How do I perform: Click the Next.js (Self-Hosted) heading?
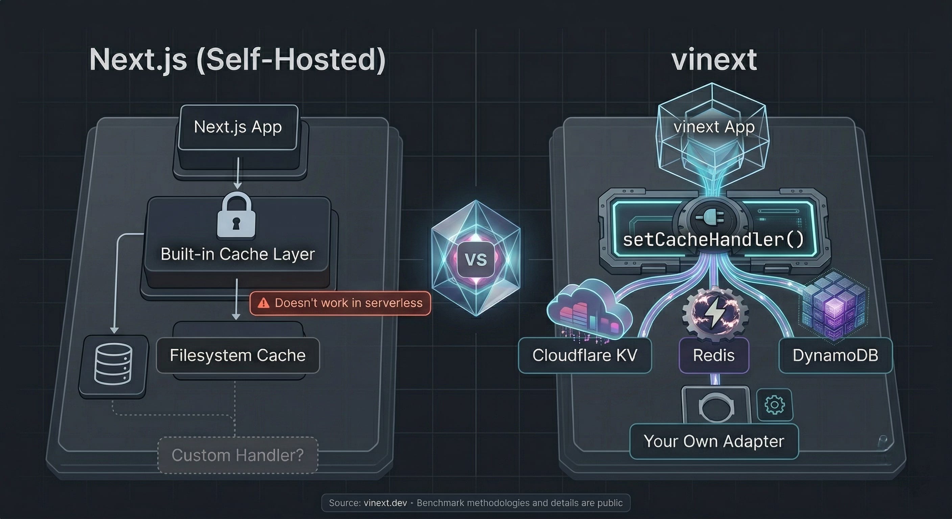pyautogui.click(x=237, y=60)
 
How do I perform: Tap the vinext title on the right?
pyautogui.click(x=714, y=60)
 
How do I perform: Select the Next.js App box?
pyautogui.click(x=238, y=127)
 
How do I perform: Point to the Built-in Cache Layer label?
pyautogui.click(x=238, y=254)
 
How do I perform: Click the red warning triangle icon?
pyautogui.click(x=263, y=303)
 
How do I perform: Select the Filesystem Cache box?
pyautogui.click(x=238, y=355)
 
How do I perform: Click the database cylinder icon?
pyautogui.click(x=113, y=365)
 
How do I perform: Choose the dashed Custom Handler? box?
pyautogui.click(x=238, y=455)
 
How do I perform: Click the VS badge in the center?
pyautogui.click(x=476, y=259)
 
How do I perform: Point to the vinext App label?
pyautogui.click(x=714, y=127)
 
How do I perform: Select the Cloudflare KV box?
pyautogui.click(x=585, y=355)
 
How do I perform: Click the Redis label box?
pyautogui.click(x=714, y=355)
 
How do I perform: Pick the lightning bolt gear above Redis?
pyautogui.click(x=714, y=313)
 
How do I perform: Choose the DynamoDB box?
pyautogui.click(x=836, y=355)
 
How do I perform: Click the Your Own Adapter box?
pyautogui.click(x=714, y=441)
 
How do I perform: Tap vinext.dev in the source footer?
pyautogui.click(x=385, y=503)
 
